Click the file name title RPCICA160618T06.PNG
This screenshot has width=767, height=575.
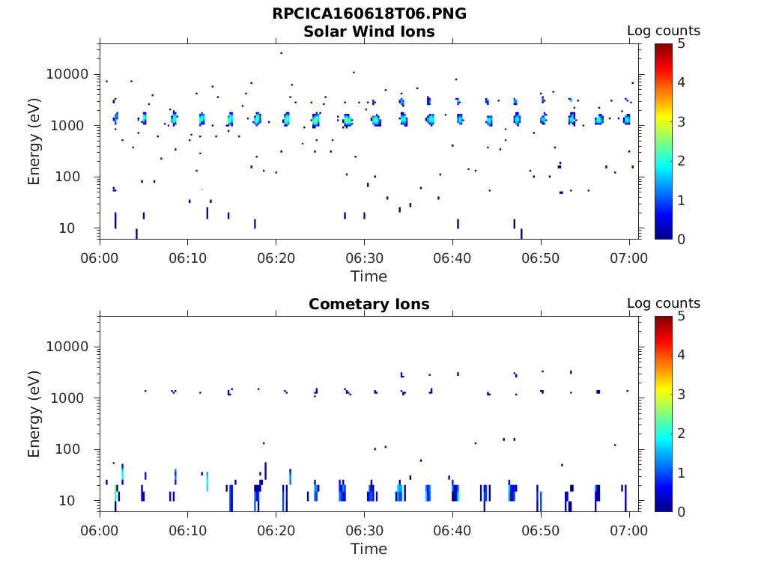coord(369,14)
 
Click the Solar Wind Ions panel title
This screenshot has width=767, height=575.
coord(369,31)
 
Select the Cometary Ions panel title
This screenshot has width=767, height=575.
coord(369,304)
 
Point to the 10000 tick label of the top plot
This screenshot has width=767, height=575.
coord(67,74)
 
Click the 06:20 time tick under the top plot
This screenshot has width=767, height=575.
coord(276,258)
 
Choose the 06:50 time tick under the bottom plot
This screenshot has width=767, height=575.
coord(541,531)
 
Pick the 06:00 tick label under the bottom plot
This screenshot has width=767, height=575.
coord(100,531)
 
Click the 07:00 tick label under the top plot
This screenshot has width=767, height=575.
coord(629,258)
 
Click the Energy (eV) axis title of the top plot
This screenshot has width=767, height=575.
coord(34,141)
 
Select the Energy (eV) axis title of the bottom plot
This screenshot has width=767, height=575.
coord(34,413)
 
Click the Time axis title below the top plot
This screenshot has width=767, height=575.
coord(369,276)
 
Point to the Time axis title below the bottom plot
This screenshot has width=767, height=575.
coord(369,549)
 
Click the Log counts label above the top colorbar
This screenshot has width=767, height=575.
coord(663,31)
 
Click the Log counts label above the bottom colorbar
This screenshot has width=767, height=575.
coord(663,303)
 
